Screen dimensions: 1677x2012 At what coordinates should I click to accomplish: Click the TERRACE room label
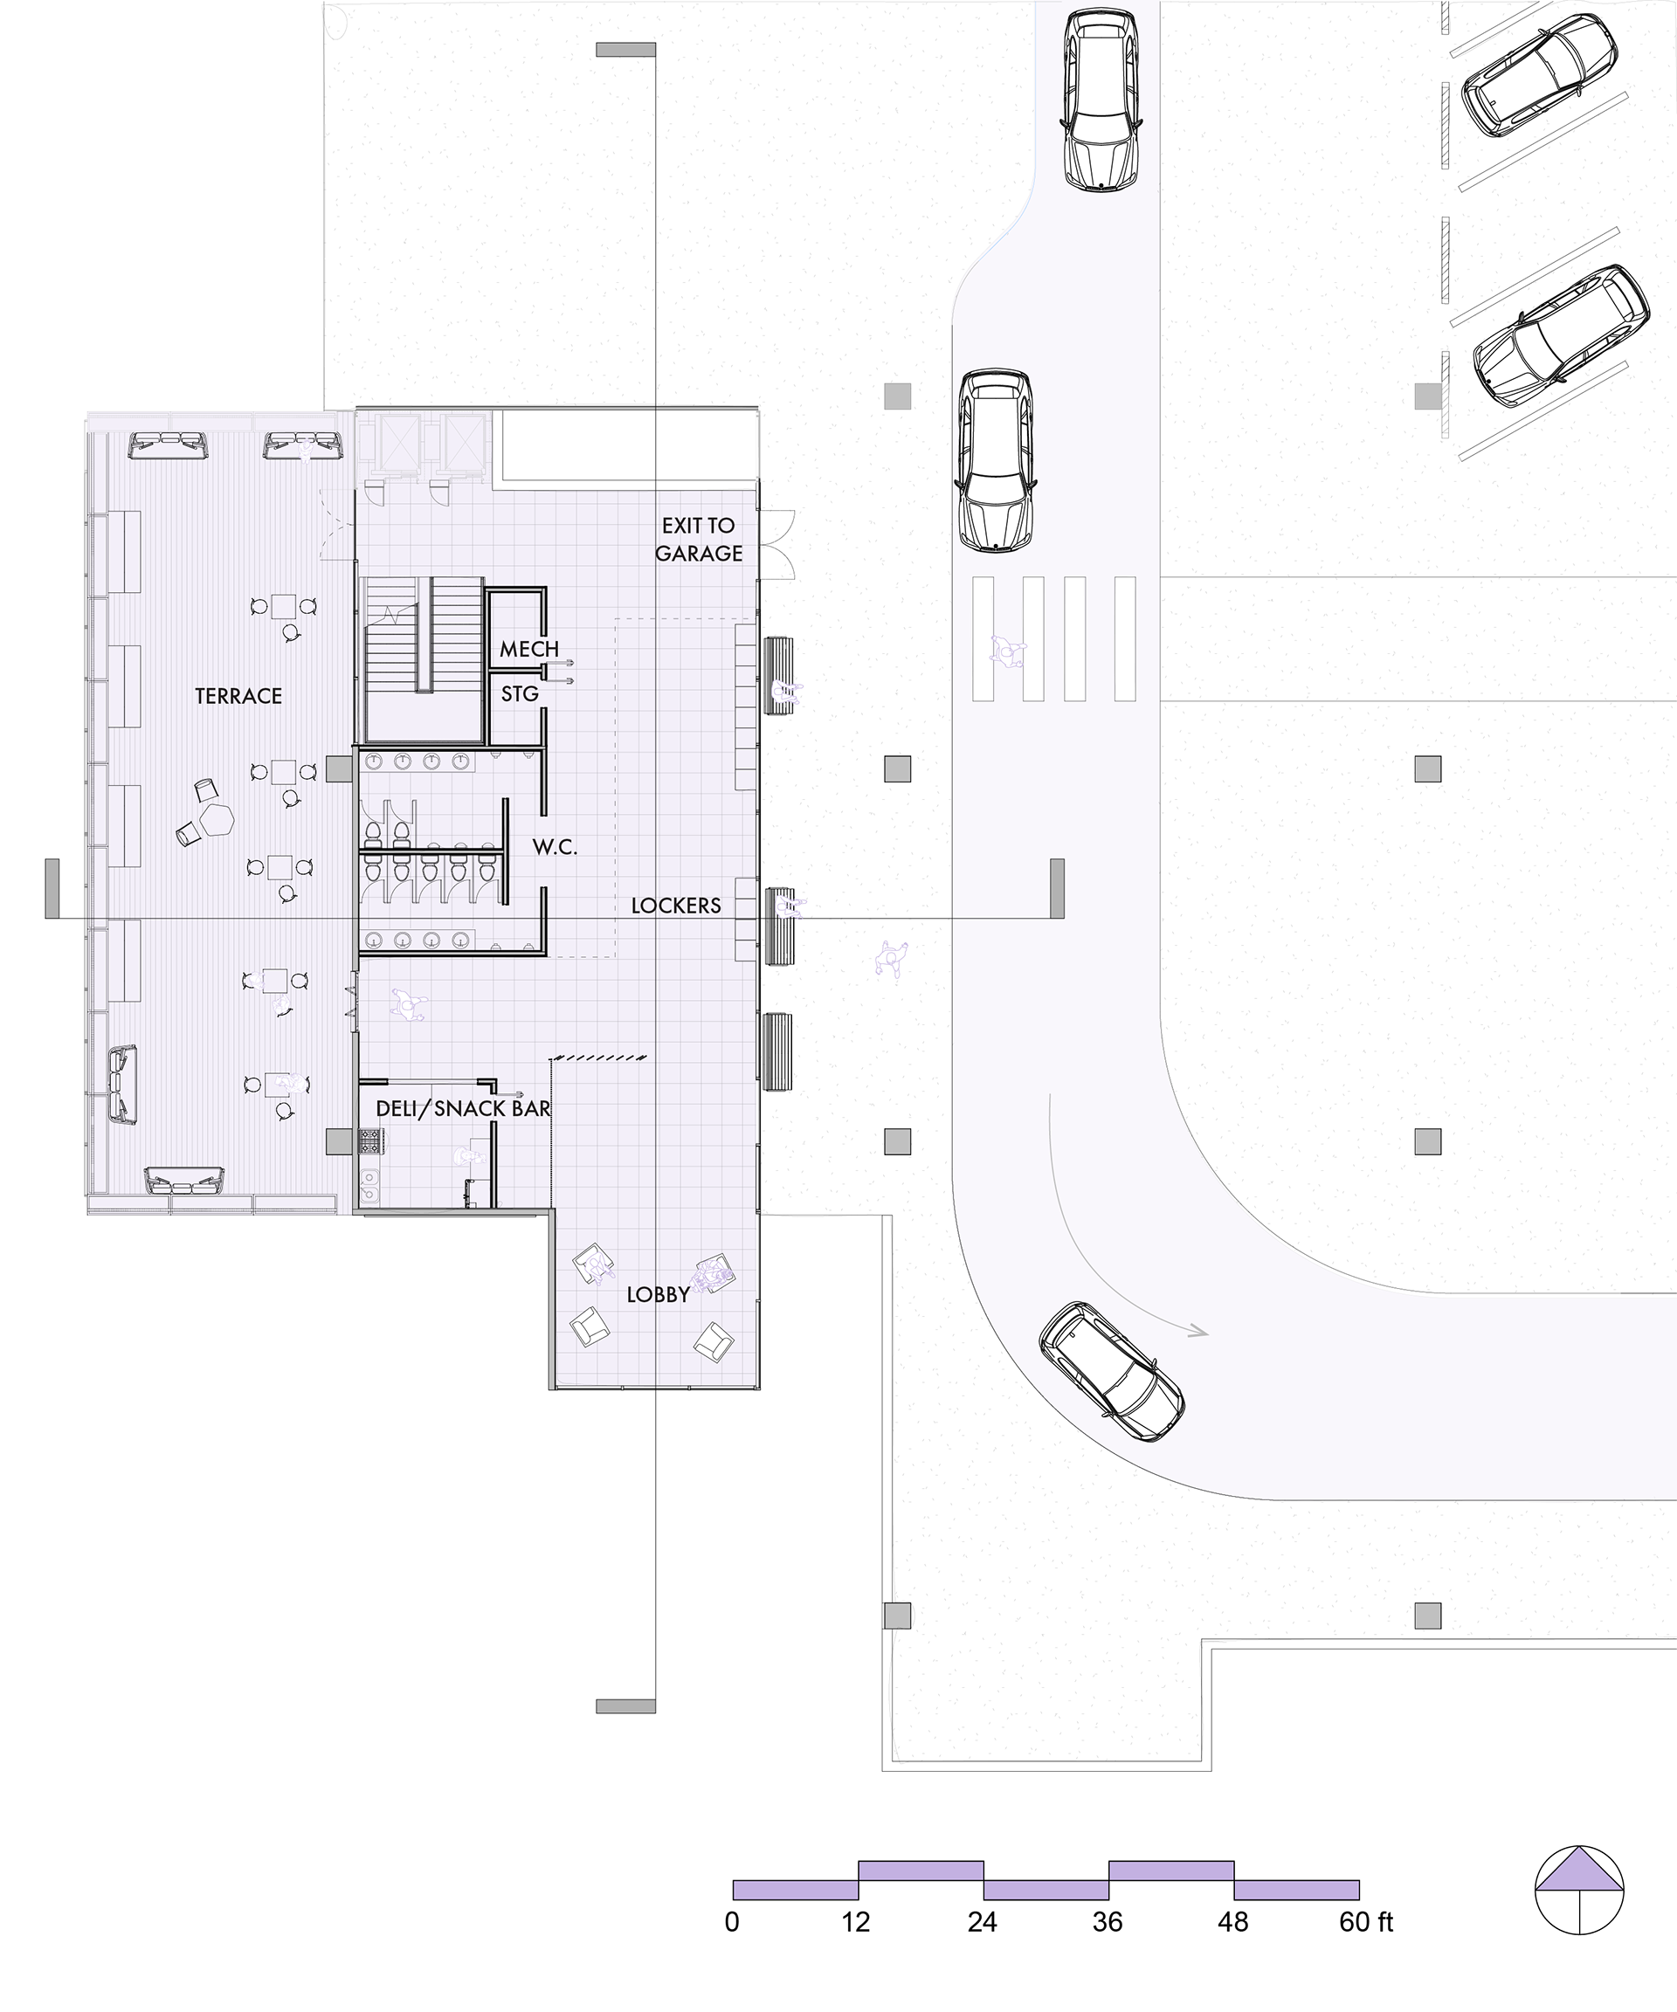click(238, 697)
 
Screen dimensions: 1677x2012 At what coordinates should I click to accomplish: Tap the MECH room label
click(529, 650)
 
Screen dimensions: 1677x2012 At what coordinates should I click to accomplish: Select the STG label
click(520, 693)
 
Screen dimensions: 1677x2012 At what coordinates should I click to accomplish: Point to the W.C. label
click(555, 847)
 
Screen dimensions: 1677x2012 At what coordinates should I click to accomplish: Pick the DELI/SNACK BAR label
click(463, 1108)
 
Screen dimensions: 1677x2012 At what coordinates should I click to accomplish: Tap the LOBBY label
click(659, 1295)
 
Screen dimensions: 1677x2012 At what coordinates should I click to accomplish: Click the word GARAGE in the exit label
click(699, 554)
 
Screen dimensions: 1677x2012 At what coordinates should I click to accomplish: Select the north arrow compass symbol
click(1579, 1891)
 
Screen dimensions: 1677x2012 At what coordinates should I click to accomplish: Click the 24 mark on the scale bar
click(983, 1922)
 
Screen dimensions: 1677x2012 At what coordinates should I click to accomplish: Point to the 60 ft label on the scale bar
click(1365, 1922)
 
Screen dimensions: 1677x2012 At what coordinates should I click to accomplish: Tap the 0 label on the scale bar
click(732, 1922)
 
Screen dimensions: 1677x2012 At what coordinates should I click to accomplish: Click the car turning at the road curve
click(1112, 1371)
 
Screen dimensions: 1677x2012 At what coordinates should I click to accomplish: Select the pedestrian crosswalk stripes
click(1054, 639)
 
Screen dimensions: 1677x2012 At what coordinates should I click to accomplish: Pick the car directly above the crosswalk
click(996, 461)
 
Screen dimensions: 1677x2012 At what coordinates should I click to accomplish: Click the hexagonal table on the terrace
click(217, 820)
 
